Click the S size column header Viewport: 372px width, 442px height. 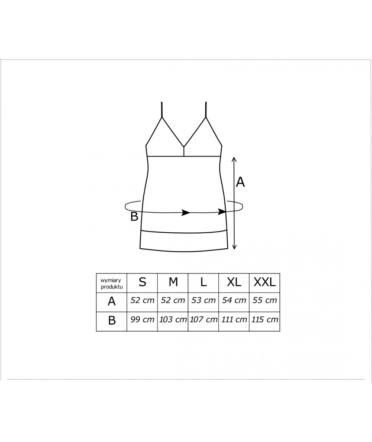click(142, 282)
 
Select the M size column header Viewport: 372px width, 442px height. click(173, 282)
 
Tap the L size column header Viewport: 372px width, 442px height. click(203, 282)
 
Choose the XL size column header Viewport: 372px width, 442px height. click(234, 282)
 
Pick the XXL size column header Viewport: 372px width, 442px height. click(264, 282)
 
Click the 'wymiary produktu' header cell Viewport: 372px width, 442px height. click(112, 283)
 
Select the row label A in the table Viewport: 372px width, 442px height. click(112, 301)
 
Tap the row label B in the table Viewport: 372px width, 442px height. click(112, 320)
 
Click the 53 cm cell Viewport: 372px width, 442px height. click(203, 300)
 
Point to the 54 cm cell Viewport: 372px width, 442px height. click(234, 300)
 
